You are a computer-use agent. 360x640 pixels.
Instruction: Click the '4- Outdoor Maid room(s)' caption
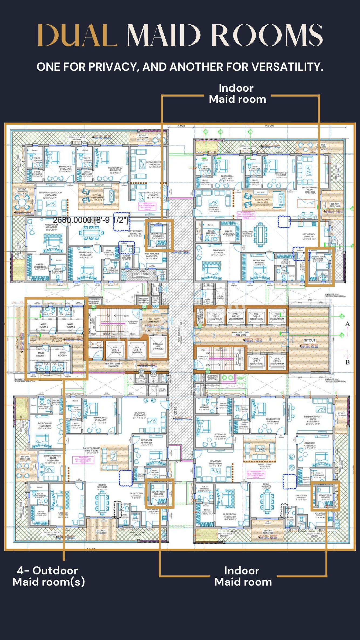(x=49, y=576)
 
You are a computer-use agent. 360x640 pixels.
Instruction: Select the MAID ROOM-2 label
(x=43, y=325)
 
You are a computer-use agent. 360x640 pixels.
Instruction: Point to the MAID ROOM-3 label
(x=70, y=325)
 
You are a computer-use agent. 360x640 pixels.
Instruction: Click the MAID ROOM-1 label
(x=41, y=354)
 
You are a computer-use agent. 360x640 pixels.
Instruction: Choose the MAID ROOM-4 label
(x=62, y=354)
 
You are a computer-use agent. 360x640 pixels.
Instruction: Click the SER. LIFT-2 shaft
(x=116, y=350)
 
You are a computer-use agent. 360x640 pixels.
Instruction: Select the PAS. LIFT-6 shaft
(x=256, y=361)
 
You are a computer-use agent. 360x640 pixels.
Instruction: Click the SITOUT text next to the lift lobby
(x=310, y=340)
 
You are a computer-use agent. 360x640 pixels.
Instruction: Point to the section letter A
(x=347, y=324)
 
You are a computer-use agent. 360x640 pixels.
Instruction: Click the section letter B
(x=347, y=362)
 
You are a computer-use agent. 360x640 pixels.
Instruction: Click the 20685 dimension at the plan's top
(x=269, y=126)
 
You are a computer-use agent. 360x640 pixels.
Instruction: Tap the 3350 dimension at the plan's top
(x=181, y=126)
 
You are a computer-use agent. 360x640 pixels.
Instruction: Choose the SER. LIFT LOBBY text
(x=113, y=365)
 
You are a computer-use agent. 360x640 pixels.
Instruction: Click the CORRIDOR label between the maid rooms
(x=56, y=339)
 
